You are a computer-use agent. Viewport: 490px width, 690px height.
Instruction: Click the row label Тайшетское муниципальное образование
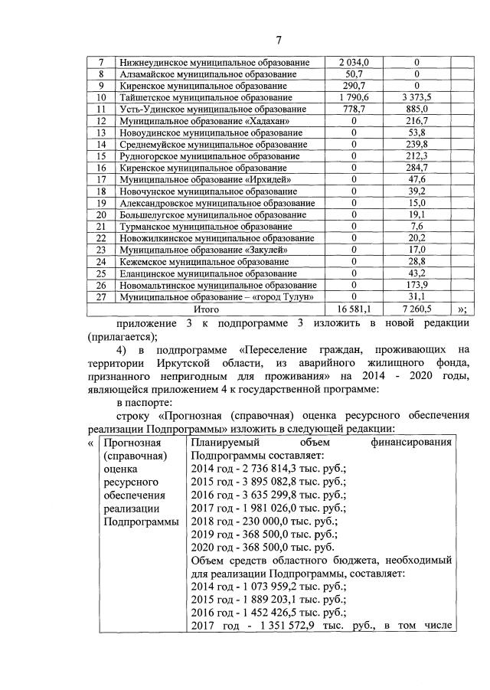coord(206,98)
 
